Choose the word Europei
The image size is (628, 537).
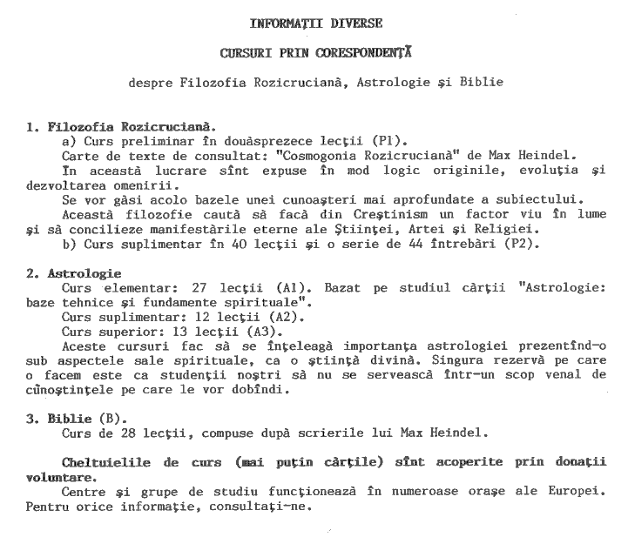pos(577,493)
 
